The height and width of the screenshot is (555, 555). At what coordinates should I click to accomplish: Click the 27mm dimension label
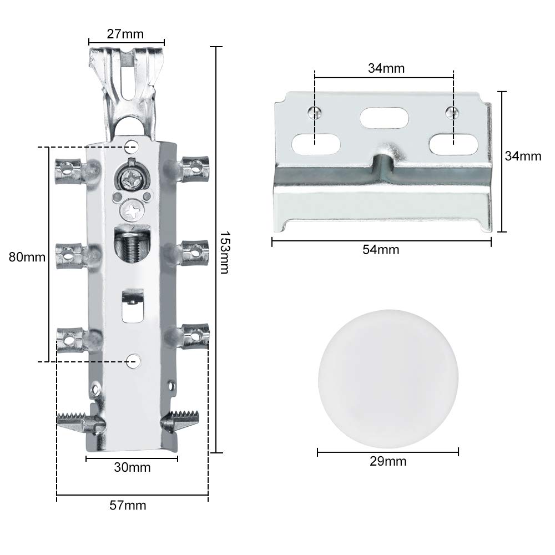click(125, 34)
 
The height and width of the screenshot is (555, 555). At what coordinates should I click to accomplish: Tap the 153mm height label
click(224, 253)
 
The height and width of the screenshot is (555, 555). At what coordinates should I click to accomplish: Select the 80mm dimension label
click(27, 257)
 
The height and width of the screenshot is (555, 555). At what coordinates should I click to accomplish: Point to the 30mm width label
click(132, 467)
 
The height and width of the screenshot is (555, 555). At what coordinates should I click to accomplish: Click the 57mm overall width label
click(128, 505)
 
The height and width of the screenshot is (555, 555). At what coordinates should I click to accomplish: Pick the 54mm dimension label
click(381, 250)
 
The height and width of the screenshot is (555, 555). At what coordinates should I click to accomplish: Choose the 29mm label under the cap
click(388, 461)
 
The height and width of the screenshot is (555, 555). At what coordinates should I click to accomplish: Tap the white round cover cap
click(388, 380)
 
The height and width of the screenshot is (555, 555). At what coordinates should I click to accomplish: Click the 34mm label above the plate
click(386, 68)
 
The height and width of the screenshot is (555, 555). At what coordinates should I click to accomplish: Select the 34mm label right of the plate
click(523, 156)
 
